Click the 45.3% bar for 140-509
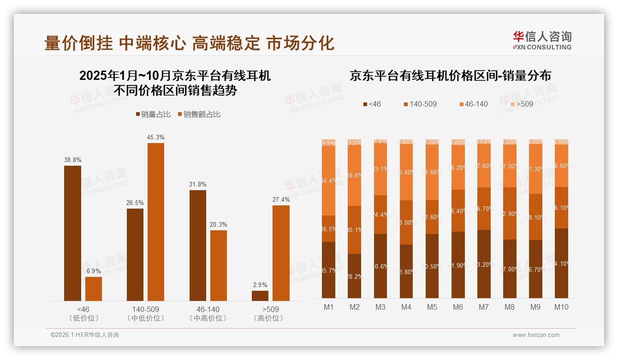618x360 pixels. [x=156, y=222]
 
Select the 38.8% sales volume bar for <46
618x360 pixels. [x=72, y=233]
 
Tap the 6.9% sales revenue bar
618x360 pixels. [x=94, y=289]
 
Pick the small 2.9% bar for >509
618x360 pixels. [x=260, y=295]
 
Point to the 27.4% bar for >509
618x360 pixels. [x=281, y=253]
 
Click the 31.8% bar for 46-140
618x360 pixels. [x=198, y=245]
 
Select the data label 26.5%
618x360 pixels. [x=135, y=203]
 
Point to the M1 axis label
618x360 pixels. [x=328, y=307]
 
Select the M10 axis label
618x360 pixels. [x=561, y=307]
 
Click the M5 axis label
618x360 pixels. [x=432, y=307]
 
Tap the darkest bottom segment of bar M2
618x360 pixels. [x=354, y=276]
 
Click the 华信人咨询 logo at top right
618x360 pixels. [x=542, y=40]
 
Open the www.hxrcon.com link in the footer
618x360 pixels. [x=536, y=335]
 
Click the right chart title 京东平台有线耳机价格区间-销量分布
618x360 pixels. [x=450, y=76]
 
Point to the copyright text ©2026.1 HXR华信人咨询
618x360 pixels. [x=85, y=335]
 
